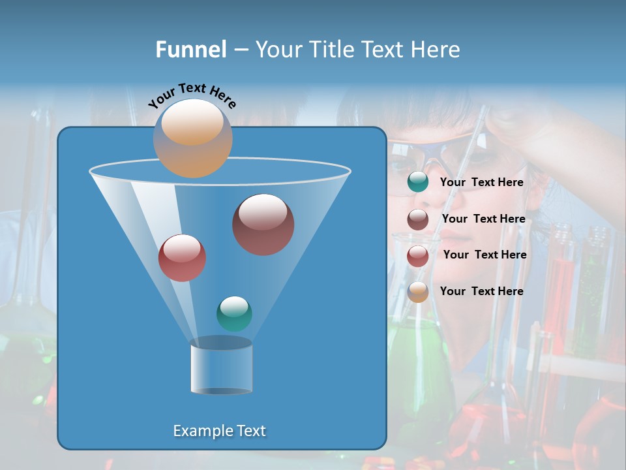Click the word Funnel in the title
coord(190,50)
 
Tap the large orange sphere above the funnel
coord(192,138)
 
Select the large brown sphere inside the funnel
coord(263,224)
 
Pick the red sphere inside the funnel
coord(182,258)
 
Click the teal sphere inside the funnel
coord(234,314)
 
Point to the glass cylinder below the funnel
coord(221,367)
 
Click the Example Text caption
coord(219,431)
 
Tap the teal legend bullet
coord(418,182)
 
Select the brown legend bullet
coord(418,219)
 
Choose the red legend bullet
coord(418,255)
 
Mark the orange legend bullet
coord(418,292)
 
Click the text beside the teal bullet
coord(481,182)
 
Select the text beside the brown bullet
coord(483,219)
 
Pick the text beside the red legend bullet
coord(484,255)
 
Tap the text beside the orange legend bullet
coord(481,291)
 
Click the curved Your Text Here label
coord(192,95)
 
